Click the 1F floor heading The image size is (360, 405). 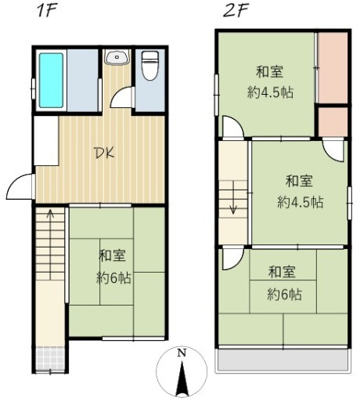click(x=47, y=11)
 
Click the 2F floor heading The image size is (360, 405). click(x=236, y=11)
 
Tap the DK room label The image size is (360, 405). click(x=105, y=154)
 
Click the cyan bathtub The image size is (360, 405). click(x=51, y=81)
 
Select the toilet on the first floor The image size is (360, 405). click(x=150, y=65)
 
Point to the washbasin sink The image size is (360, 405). click(x=117, y=57)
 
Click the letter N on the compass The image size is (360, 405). click(x=182, y=353)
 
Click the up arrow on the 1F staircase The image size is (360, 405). click(x=50, y=214)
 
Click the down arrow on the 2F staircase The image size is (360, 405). click(x=233, y=209)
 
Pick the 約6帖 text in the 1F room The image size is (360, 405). click(x=113, y=278)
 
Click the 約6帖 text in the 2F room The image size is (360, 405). click(x=284, y=295)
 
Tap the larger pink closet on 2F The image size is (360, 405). click(x=333, y=68)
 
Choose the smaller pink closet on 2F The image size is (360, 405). click(x=333, y=122)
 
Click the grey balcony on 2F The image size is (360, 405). click(x=283, y=360)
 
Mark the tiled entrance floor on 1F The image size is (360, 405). click(x=50, y=358)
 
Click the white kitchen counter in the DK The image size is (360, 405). click(x=46, y=141)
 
